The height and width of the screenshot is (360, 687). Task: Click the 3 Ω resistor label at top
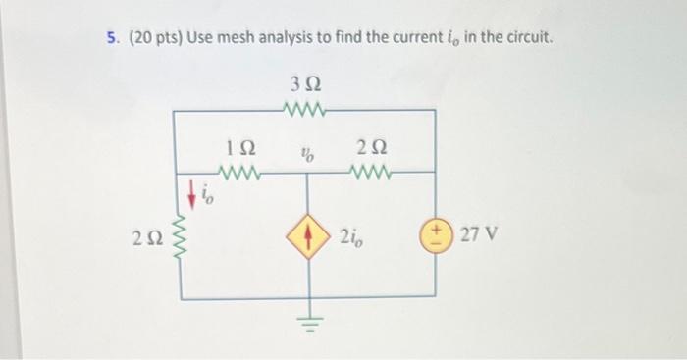click(307, 82)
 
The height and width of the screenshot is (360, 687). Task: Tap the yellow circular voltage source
click(435, 235)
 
